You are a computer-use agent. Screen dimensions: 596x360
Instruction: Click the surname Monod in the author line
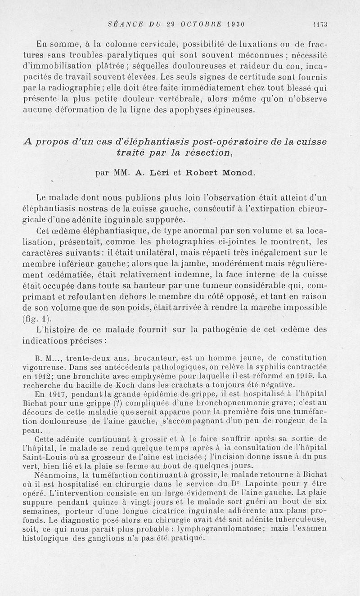[225, 172]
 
